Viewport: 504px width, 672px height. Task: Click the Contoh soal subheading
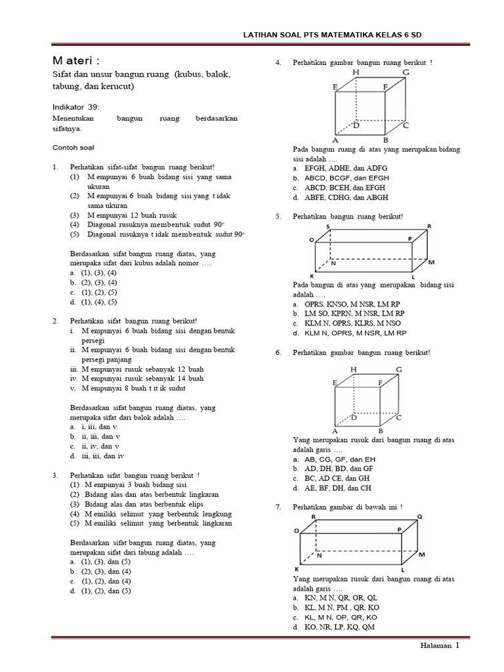click(72, 148)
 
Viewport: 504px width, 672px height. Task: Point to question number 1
click(56, 167)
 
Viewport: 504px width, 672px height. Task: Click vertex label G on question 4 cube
click(406, 72)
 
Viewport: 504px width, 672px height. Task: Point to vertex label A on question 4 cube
click(335, 140)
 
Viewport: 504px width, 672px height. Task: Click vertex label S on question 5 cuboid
click(327, 226)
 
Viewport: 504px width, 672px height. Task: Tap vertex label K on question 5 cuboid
click(312, 276)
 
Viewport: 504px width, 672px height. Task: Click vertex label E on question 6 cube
click(335, 383)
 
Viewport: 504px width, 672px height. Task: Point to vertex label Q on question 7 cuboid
click(420, 516)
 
